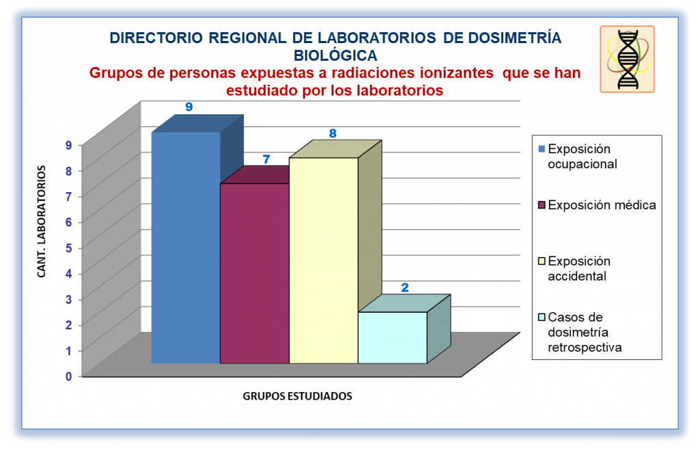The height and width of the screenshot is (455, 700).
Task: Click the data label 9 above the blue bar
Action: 189,107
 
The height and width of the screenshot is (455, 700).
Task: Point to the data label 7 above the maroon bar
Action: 267,159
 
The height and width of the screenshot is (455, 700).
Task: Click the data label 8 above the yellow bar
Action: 333,133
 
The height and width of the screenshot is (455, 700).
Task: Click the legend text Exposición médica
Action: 602,205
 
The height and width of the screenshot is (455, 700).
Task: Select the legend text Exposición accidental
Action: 579,268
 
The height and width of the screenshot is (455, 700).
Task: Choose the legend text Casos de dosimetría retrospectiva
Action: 584,332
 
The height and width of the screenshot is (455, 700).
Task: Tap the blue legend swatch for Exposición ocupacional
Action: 542,149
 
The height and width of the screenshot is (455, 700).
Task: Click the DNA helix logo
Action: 628,59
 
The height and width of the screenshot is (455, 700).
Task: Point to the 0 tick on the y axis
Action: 68,376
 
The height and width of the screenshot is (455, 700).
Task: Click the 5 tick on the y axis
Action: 68,248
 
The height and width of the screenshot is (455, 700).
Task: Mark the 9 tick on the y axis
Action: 68,145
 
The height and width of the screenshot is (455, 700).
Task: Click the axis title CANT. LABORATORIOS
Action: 42,221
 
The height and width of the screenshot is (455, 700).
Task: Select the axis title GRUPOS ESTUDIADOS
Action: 297,396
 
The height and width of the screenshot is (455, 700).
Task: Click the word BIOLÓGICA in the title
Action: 335,55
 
